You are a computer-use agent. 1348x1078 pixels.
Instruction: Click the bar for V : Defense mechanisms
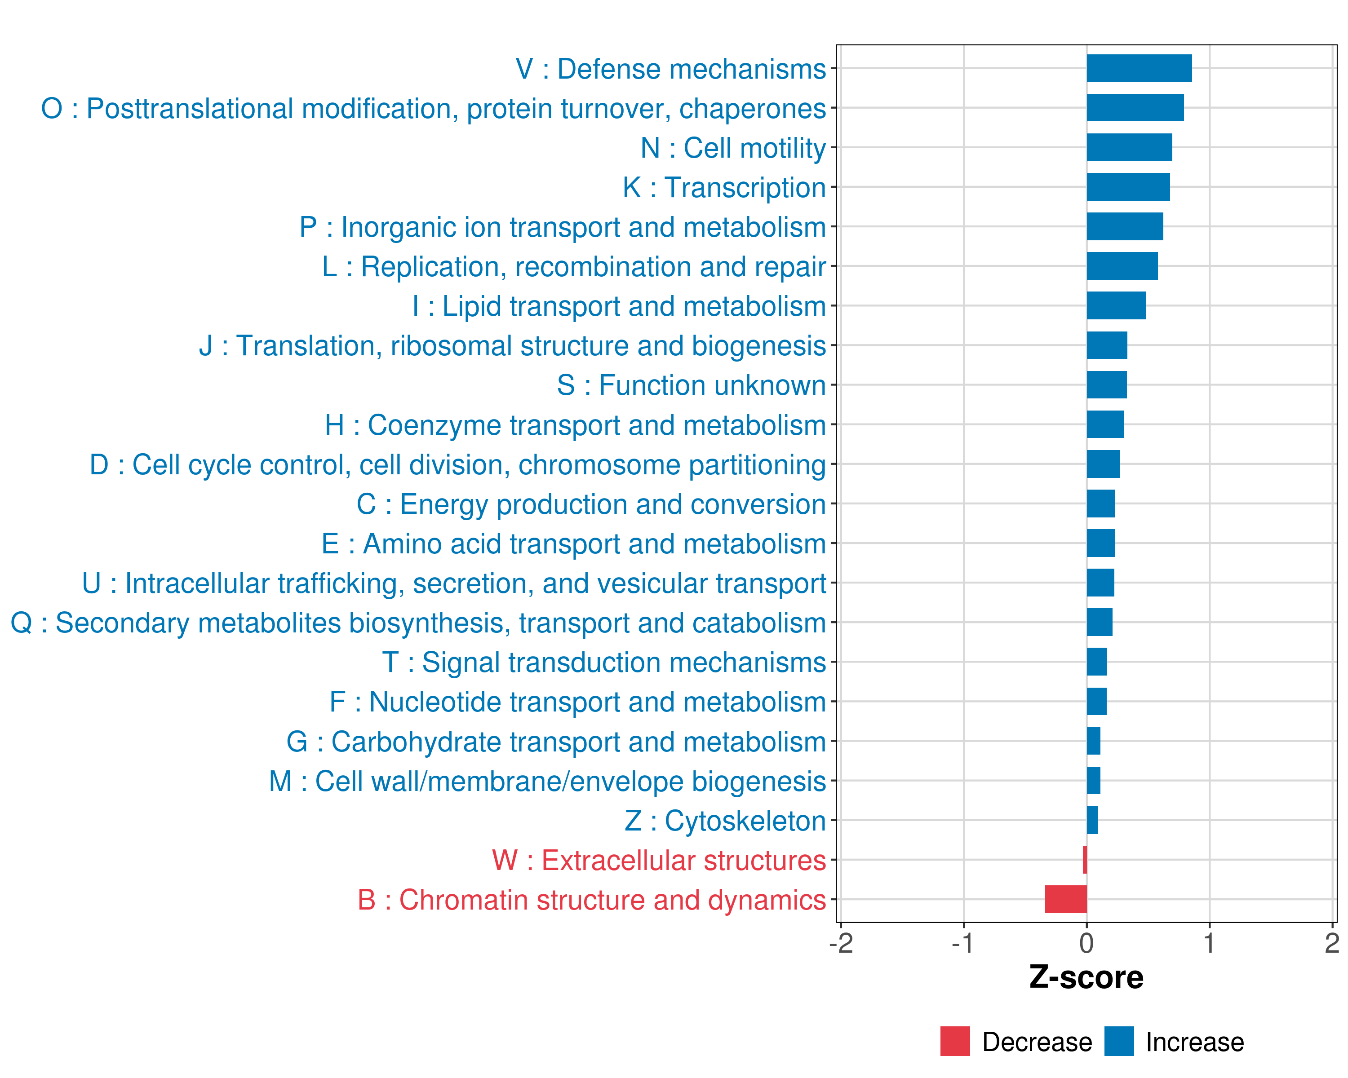(1139, 68)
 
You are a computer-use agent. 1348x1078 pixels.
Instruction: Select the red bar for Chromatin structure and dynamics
(1065, 899)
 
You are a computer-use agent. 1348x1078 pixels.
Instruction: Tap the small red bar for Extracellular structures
(1085, 860)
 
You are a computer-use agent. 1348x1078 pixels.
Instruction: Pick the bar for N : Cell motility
(1129, 147)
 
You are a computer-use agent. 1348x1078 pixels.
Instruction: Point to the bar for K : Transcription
(1127, 187)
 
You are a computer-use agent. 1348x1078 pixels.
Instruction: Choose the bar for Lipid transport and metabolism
(1116, 305)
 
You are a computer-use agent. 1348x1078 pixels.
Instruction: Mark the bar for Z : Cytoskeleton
(1092, 820)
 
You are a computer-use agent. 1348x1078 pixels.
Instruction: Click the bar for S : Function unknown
(1107, 385)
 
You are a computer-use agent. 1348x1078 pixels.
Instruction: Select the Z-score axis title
(1086, 977)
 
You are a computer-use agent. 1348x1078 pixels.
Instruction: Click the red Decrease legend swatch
(955, 1041)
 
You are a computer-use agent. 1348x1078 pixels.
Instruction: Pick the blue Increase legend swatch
(1118, 1041)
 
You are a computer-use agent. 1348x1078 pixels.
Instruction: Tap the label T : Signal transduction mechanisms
(604, 663)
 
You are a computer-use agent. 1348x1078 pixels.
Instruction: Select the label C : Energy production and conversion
(591, 504)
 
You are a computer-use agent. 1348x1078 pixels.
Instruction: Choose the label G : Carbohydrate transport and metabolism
(556, 742)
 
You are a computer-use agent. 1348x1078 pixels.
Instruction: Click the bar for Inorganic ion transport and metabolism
(1124, 226)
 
